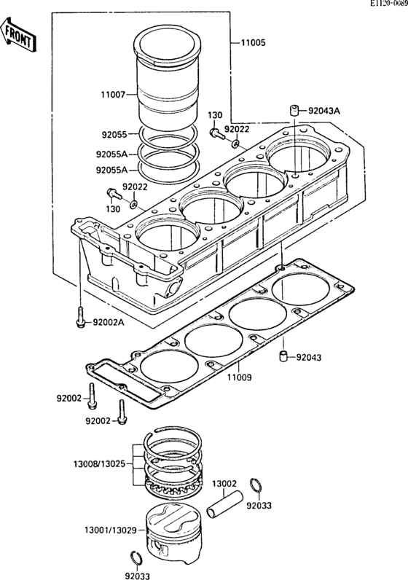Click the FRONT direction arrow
point(17,34)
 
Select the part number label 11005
point(253,42)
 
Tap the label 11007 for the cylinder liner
point(114,95)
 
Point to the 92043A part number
point(323,111)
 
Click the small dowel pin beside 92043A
point(294,110)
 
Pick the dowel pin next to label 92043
point(283,356)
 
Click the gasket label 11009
point(239,377)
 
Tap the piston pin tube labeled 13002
point(225,503)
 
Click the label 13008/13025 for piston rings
point(100,463)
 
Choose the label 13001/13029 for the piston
point(110,530)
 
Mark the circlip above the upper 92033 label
point(255,485)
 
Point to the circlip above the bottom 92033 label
point(136,557)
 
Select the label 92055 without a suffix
point(114,135)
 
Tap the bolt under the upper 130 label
point(216,133)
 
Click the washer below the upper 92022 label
point(235,143)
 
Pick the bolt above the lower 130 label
point(114,194)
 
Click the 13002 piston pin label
point(224,484)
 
